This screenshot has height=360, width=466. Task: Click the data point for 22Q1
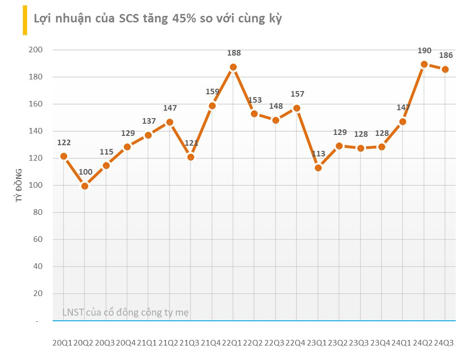(233, 67)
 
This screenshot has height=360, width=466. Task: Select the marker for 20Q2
(85, 186)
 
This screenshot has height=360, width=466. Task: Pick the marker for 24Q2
(424, 64)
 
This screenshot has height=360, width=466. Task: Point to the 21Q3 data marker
(191, 157)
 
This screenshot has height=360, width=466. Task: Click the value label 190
(424, 51)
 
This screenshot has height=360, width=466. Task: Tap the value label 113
(318, 154)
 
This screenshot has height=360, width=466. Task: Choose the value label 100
(85, 172)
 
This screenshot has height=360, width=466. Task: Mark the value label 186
(445, 56)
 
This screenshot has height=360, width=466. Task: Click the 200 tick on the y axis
(35, 50)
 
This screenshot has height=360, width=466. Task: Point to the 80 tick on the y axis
(37, 212)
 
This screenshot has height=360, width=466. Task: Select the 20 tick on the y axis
(37, 294)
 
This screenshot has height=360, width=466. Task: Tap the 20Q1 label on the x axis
(63, 343)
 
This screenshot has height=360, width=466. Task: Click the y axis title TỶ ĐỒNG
(20, 186)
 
